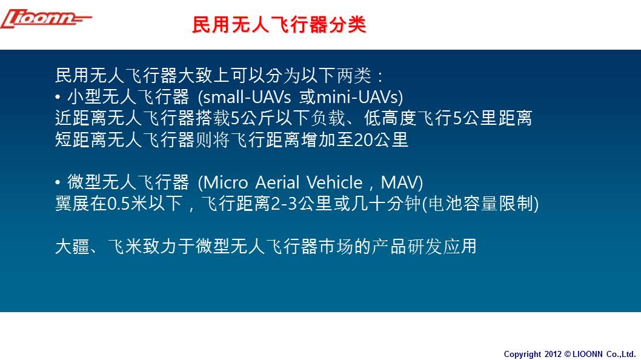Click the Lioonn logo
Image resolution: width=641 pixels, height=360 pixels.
click(46, 19)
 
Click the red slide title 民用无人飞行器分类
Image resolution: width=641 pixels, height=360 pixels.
click(279, 24)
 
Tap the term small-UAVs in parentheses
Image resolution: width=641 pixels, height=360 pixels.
click(247, 98)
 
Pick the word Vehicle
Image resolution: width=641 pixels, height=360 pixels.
click(334, 182)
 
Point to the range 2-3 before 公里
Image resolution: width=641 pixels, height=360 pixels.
click(284, 204)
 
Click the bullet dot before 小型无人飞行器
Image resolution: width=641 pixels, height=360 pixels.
click(58, 98)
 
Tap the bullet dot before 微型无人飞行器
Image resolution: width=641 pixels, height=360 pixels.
click(58, 182)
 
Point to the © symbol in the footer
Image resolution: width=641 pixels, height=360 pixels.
click(568, 355)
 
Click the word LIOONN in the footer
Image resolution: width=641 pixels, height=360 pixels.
click(588, 355)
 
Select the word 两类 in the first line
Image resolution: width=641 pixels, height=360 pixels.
click(354, 76)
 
